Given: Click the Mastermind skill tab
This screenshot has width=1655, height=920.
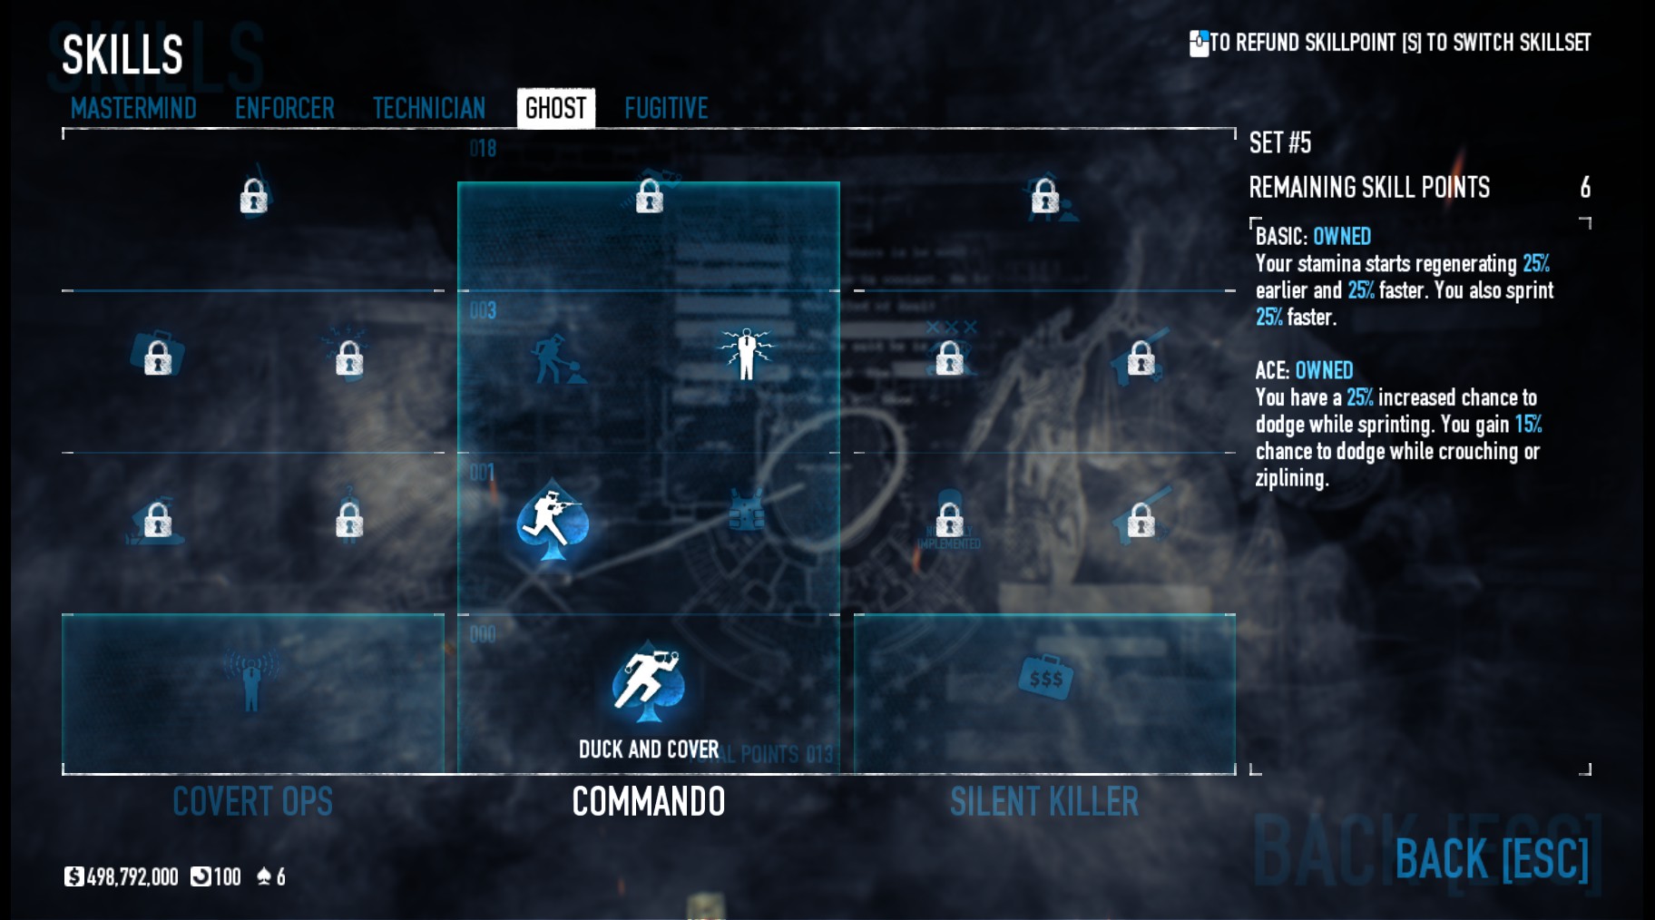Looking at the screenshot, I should click(133, 109).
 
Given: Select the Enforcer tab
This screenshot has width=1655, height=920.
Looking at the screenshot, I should click(284, 109).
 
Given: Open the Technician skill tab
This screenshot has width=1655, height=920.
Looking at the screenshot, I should click(429, 109).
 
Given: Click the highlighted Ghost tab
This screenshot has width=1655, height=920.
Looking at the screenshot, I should click(555, 109).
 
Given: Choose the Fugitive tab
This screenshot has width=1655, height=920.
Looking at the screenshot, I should click(666, 109).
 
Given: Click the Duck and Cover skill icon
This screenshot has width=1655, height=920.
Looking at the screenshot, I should click(648, 682).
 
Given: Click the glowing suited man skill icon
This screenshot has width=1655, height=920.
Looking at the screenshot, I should click(746, 353).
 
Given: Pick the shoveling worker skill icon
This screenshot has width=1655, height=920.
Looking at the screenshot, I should click(554, 358).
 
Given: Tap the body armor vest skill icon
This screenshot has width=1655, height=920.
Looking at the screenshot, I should click(746, 511).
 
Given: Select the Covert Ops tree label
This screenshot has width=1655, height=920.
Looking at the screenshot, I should click(252, 802).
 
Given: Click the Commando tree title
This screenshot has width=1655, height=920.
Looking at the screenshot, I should click(648, 802).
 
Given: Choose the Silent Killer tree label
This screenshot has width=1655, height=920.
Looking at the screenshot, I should click(1043, 802).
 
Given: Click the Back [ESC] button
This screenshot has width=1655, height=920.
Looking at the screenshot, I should click(1491, 859).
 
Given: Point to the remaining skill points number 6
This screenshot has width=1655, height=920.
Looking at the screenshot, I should click(1584, 188).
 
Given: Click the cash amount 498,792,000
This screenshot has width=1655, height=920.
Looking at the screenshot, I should click(132, 877).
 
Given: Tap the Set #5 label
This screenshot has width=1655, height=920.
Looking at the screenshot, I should click(1279, 143).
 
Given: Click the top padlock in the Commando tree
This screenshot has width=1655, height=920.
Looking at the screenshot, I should click(649, 196).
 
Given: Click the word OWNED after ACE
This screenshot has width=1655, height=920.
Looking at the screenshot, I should click(1324, 371).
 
